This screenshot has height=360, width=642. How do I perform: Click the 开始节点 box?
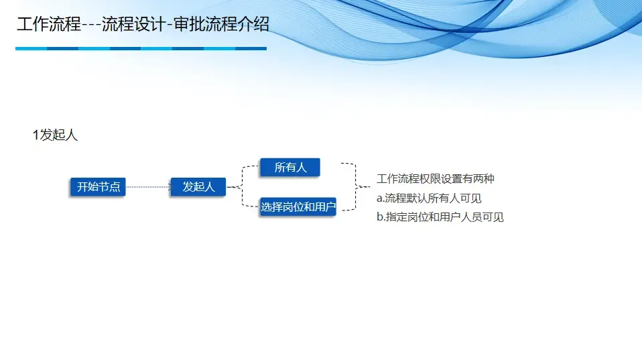pyautogui.click(x=99, y=187)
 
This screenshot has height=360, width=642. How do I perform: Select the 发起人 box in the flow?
pyautogui.click(x=198, y=187)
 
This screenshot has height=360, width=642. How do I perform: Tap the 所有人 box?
pyautogui.click(x=290, y=168)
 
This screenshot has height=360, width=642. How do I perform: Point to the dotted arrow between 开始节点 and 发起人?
pyautogui.click(x=148, y=187)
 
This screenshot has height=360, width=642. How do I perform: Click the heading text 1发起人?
pyautogui.click(x=55, y=135)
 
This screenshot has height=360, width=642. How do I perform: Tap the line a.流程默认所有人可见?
pyautogui.click(x=429, y=198)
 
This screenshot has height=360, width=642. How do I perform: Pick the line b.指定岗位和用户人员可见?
pyautogui.click(x=440, y=217)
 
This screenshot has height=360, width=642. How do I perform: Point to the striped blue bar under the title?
pyautogui.click(x=141, y=48)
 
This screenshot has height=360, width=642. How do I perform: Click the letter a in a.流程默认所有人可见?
pyautogui.click(x=379, y=198)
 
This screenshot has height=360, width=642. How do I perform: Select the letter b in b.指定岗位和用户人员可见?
pyautogui.click(x=379, y=217)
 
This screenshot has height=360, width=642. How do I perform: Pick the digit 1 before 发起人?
pyautogui.click(x=36, y=135)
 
